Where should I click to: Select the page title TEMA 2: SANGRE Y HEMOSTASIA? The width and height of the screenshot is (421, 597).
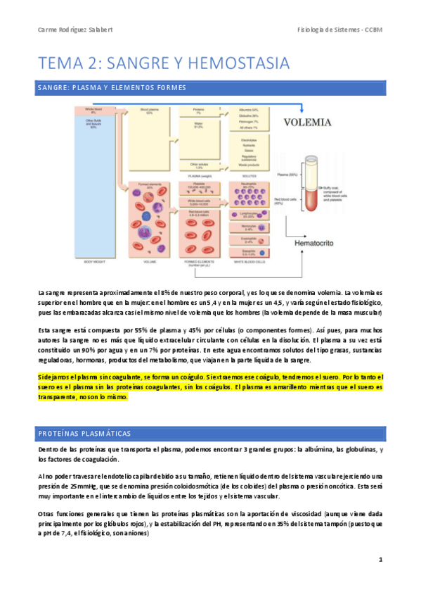pos(164,63)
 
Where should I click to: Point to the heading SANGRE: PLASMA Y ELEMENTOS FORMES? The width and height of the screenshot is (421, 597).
pos(111,88)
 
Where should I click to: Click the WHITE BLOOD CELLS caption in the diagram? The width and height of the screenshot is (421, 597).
pos(250,262)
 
